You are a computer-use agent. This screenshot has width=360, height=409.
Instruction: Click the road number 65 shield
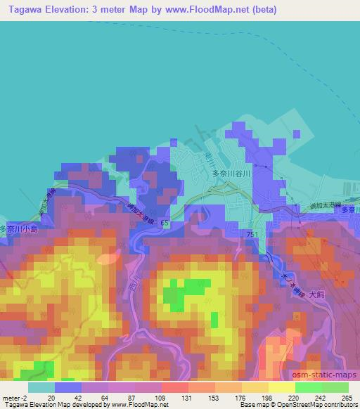tap(164, 223)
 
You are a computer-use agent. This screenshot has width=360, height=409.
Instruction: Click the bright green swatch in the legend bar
tap(308, 387)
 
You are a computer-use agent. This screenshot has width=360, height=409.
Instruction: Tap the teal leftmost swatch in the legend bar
tap(41, 387)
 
